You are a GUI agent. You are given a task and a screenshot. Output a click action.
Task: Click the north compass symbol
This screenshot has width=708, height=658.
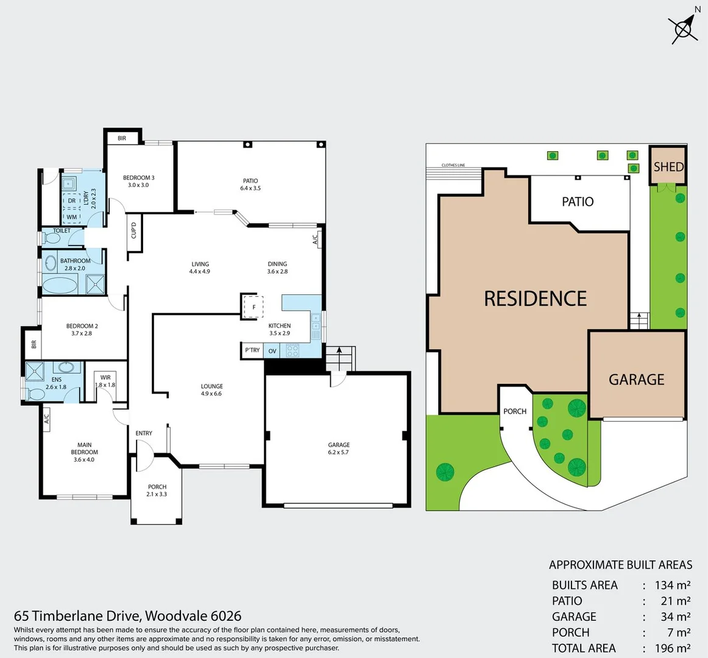[684, 27]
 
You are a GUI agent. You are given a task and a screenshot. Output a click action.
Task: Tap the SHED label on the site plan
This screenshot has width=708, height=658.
[668, 166]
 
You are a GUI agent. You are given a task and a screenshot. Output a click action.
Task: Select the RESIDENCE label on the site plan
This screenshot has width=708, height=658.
[535, 298]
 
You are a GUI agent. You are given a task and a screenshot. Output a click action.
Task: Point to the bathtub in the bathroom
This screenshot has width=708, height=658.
[60, 285]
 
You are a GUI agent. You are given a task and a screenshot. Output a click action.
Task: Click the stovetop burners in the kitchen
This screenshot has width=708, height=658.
[292, 350]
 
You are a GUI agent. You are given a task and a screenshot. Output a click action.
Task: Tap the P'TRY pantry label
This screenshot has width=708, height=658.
[252, 350]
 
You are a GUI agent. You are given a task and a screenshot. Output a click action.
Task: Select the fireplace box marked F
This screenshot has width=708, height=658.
[253, 306]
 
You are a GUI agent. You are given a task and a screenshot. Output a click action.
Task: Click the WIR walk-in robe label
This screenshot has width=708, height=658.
[105, 378]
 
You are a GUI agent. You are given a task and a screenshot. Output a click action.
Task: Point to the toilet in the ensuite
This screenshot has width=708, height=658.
[35, 394]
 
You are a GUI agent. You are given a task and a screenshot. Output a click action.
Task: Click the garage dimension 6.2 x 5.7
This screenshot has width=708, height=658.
[338, 453]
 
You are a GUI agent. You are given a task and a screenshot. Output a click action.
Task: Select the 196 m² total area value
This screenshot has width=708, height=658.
[672, 648]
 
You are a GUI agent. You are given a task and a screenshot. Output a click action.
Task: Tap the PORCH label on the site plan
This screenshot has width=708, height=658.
[515, 411]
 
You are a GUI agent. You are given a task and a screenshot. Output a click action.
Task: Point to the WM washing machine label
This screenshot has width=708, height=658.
[72, 217]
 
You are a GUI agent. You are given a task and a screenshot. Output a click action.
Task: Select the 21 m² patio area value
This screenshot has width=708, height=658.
[675, 601]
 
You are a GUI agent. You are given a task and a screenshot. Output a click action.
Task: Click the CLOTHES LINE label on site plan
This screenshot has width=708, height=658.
[453, 165]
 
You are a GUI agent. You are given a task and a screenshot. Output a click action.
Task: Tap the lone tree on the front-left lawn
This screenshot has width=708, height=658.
[445, 472]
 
